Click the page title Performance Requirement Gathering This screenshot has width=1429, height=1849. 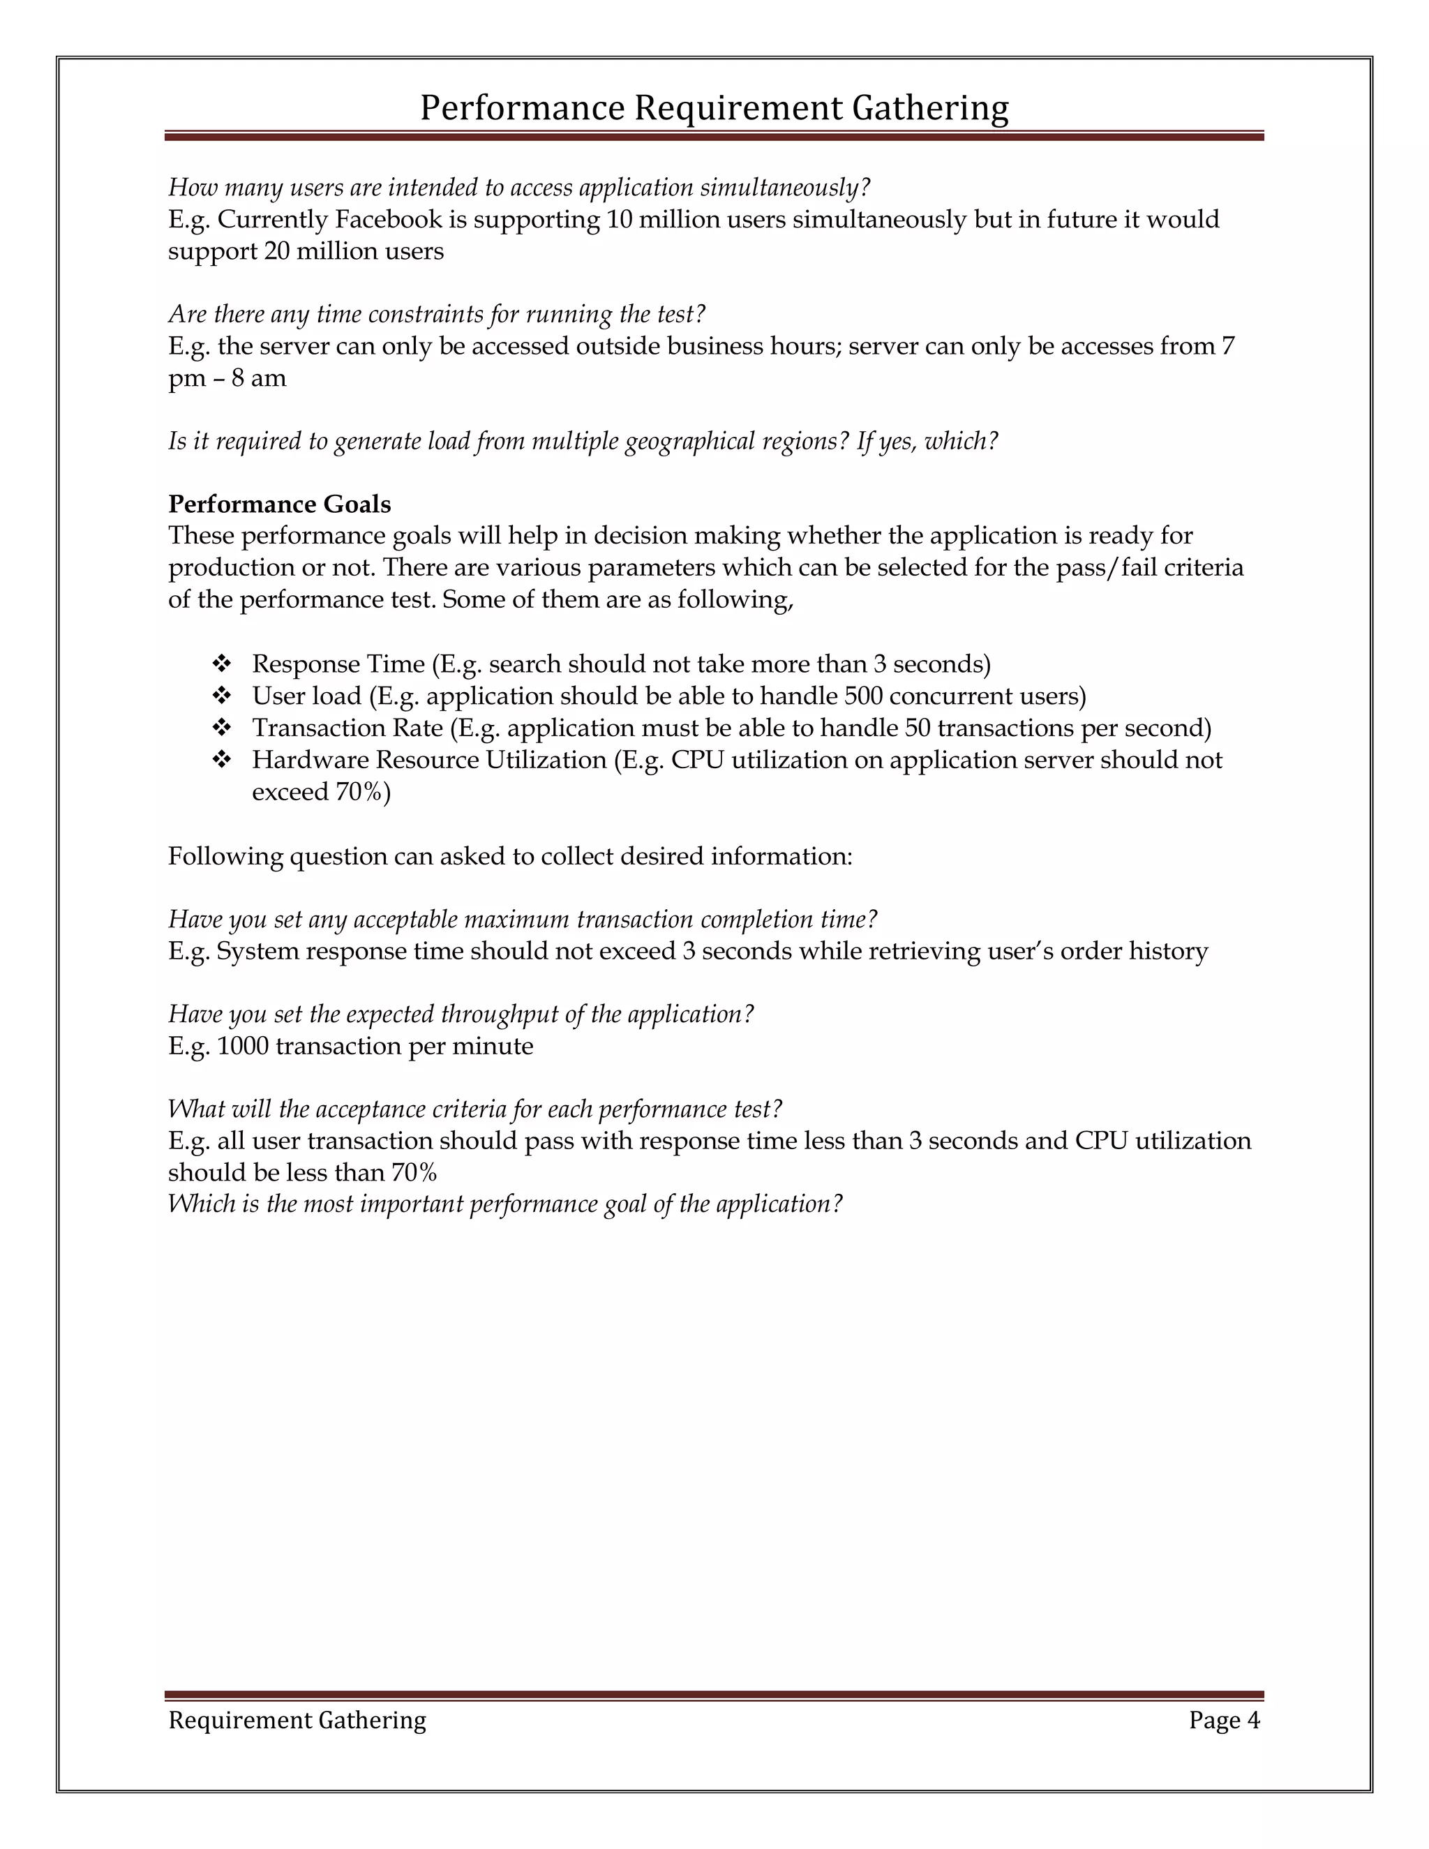[x=714, y=108]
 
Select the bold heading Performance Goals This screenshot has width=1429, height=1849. [x=279, y=504]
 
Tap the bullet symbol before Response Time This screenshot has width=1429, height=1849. [x=222, y=664]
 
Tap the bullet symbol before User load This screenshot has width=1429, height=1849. [x=222, y=696]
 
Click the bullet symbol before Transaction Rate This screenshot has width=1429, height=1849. [x=222, y=728]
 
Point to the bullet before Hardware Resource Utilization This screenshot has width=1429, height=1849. [x=222, y=761]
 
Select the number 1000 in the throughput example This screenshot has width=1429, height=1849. [x=243, y=1047]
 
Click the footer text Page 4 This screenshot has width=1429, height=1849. [x=1224, y=1719]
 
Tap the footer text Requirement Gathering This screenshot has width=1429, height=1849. [x=297, y=1719]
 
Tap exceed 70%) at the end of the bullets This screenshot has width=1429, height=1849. [x=321, y=793]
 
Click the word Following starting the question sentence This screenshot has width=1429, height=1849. [x=225, y=856]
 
